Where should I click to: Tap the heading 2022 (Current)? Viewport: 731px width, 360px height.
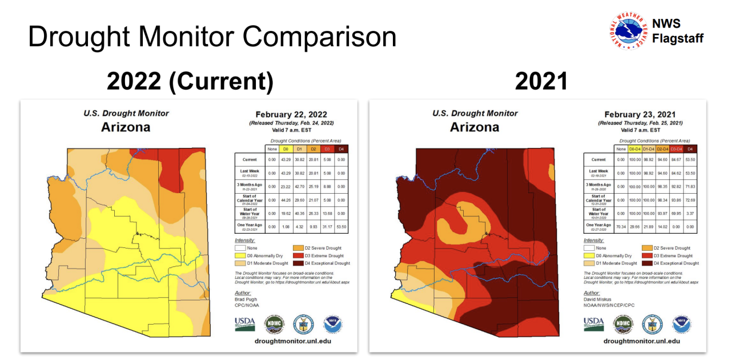tap(190, 82)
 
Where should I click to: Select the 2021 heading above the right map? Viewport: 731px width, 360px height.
tap(541, 82)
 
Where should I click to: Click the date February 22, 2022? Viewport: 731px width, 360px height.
tap(291, 114)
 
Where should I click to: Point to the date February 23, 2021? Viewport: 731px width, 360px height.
tap(640, 114)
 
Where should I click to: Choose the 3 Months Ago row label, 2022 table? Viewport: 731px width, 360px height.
tap(250, 186)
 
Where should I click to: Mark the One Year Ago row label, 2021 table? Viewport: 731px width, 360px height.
tap(599, 227)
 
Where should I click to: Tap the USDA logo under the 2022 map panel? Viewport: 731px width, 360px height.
tap(245, 324)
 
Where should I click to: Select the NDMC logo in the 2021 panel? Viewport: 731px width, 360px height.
tap(623, 324)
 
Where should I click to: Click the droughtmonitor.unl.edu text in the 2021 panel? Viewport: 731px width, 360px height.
tap(641, 341)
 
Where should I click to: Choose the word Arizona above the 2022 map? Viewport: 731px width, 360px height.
tap(126, 127)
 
